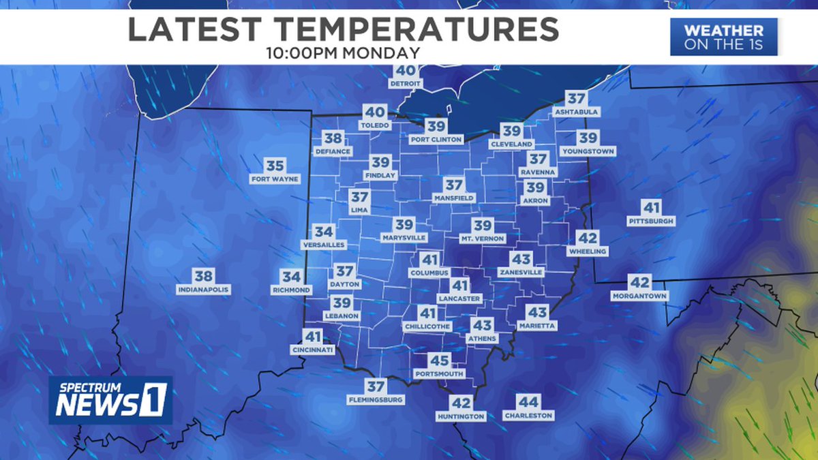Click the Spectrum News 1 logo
click(x=110, y=400)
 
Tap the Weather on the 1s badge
click(x=723, y=37)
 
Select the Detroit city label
click(x=406, y=84)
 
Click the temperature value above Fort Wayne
click(x=275, y=166)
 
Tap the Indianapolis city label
click(x=204, y=290)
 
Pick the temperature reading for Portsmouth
click(x=439, y=361)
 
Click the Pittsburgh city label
click(x=651, y=221)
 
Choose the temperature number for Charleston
click(x=528, y=402)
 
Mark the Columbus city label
click(x=429, y=273)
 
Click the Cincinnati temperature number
click(x=313, y=337)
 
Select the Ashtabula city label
click(x=577, y=111)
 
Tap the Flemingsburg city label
click(x=376, y=400)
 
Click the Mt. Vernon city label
click(x=483, y=239)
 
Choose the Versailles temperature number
click(x=324, y=232)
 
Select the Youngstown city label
click(x=588, y=151)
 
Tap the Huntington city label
click(x=461, y=416)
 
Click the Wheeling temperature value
click(x=587, y=239)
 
